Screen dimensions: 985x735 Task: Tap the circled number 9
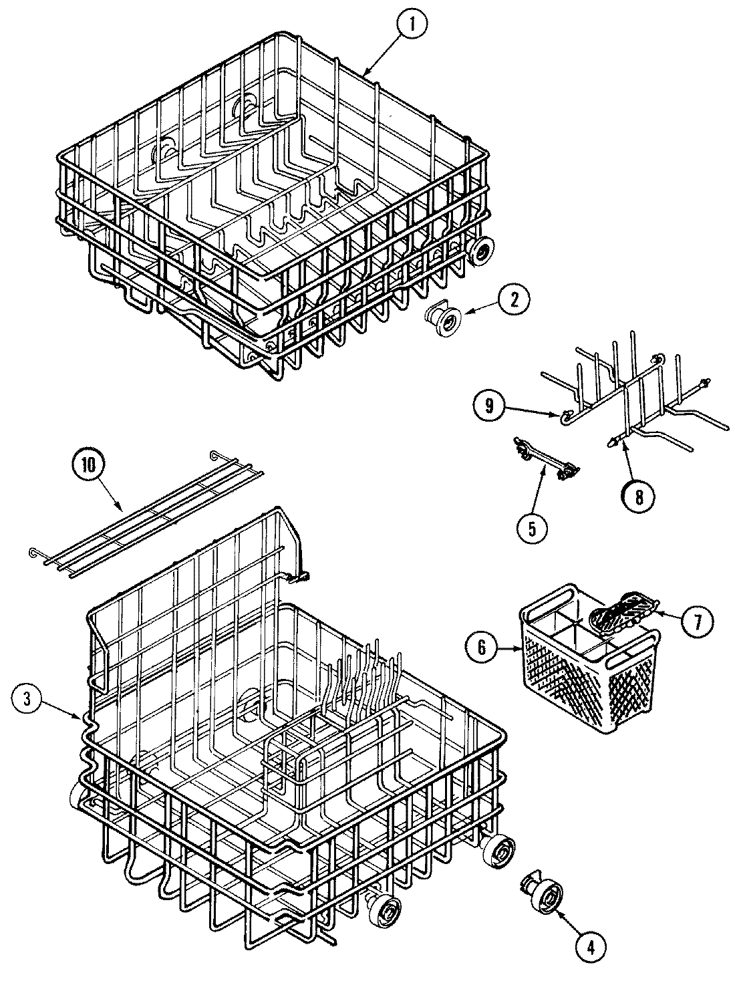tap(490, 407)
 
